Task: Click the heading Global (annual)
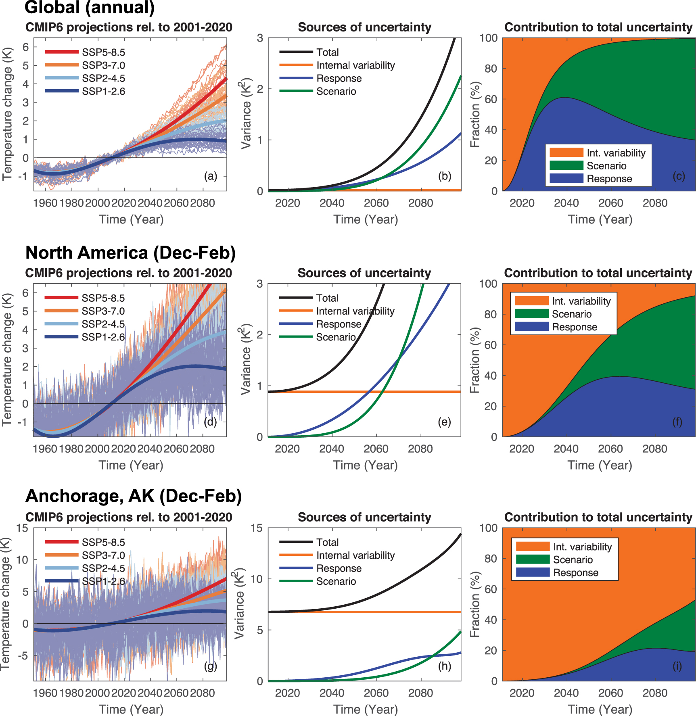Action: pos(90,7)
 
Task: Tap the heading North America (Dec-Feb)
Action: pos(130,253)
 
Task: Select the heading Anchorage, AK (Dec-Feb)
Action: pos(134,496)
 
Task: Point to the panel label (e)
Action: pos(444,422)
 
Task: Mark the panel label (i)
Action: pos(677,666)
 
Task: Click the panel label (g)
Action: pos(211,666)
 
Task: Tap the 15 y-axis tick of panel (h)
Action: pos(257,528)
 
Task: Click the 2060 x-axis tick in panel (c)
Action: pos(610,203)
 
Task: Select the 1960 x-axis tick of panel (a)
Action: pos(45,203)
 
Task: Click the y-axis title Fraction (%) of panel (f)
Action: pos(475,360)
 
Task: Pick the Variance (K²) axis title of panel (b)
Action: pos(245,115)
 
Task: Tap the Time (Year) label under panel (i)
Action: pos(600,709)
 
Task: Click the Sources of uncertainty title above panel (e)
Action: pos(364,273)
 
